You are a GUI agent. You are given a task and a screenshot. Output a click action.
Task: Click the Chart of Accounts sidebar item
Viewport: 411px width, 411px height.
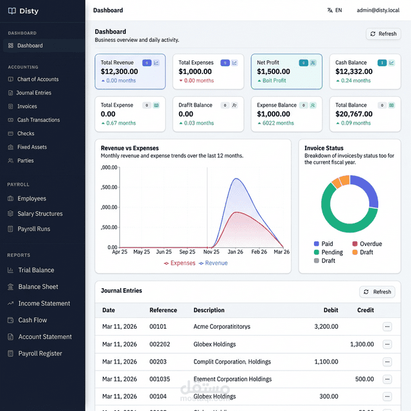[x=37, y=79]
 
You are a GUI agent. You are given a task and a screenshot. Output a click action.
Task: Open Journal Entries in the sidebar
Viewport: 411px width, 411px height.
[x=34, y=92]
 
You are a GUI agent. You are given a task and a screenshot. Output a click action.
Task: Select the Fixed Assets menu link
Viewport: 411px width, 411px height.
[x=31, y=147]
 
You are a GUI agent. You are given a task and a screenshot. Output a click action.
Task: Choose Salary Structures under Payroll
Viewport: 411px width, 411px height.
[x=40, y=214]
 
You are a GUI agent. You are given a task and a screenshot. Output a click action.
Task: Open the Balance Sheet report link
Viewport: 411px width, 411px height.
[x=38, y=287]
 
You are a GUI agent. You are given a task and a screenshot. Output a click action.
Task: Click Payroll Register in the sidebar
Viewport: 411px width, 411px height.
[x=40, y=353]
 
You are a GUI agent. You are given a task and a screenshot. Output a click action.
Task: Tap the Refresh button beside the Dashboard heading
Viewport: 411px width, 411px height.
[x=383, y=34]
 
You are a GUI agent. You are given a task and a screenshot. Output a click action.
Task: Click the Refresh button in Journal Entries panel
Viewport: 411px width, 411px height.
[x=377, y=292]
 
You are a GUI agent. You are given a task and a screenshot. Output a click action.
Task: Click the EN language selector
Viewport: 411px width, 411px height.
[x=335, y=10]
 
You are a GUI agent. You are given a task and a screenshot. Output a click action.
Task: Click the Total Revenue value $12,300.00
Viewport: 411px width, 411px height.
[x=119, y=72]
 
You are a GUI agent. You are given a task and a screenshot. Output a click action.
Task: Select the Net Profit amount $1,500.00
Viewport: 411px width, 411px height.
[x=274, y=72]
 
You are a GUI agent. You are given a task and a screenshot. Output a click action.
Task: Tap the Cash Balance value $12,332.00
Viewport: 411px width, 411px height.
[x=354, y=72]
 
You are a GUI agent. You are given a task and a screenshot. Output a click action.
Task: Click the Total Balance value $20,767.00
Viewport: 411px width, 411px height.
[x=354, y=114]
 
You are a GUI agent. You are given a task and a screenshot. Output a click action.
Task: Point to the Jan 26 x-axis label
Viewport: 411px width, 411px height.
[x=236, y=252]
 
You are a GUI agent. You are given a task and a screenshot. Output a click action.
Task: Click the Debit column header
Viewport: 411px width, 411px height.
[x=331, y=310]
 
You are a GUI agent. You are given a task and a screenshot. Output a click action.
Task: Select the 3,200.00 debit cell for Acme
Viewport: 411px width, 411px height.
[x=326, y=326]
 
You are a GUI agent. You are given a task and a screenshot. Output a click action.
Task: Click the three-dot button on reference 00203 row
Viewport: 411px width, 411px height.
[x=387, y=362]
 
